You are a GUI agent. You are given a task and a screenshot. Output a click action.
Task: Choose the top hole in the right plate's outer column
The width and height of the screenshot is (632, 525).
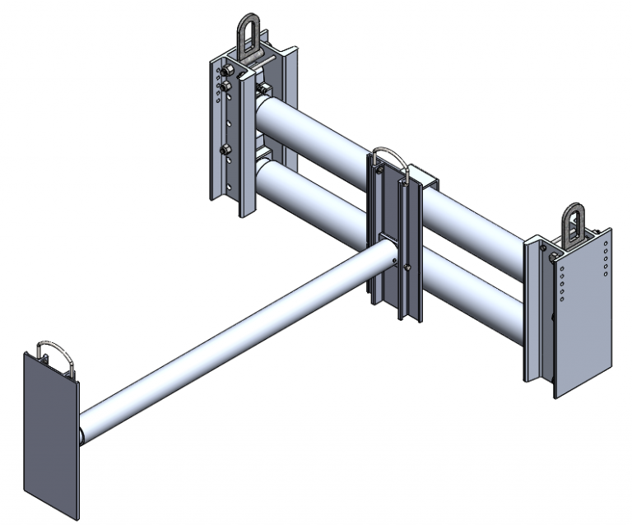pos(606,245)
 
